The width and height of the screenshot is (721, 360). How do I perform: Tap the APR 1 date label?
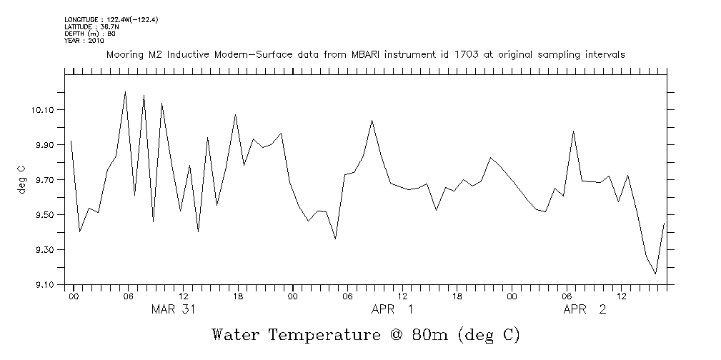pyautogui.click(x=392, y=309)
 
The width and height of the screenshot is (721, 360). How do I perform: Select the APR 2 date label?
pyautogui.click(x=584, y=309)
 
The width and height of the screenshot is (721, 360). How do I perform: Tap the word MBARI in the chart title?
pyautogui.click(x=382, y=54)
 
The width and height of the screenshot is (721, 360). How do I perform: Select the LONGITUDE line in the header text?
pyautogui.click(x=111, y=19)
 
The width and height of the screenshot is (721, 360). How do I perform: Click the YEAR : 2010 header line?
pyautogui.click(x=84, y=41)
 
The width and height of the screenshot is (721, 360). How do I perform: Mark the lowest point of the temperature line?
pyautogui.click(x=655, y=274)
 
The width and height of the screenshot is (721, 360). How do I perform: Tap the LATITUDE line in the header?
pyautogui.click(x=89, y=26)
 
